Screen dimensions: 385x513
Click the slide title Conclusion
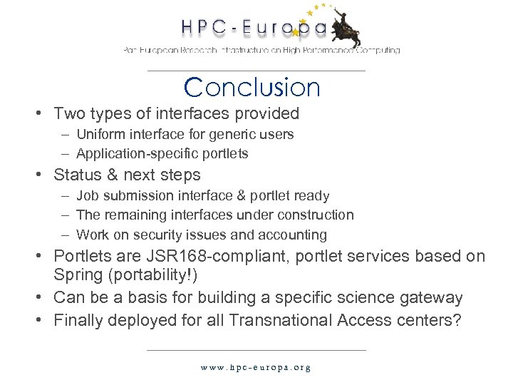(252, 88)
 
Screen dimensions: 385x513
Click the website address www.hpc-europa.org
(256, 368)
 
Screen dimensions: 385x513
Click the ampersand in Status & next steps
(112, 175)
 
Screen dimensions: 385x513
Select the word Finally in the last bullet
(78, 320)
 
